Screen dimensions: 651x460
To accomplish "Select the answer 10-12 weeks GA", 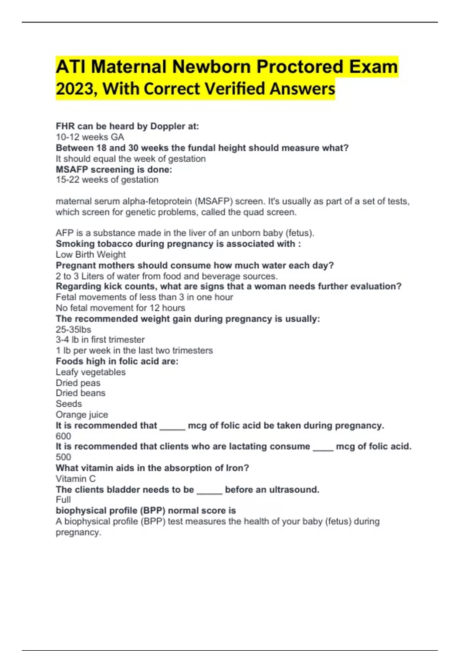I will point(90,137).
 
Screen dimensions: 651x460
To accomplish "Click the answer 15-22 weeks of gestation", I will point(107,180).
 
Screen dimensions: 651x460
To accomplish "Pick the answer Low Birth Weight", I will point(90,255).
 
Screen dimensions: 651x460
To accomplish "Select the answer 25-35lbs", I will point(73,329).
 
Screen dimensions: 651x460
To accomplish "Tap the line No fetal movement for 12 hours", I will point(120,308).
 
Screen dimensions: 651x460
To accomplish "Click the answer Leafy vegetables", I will point(90,372).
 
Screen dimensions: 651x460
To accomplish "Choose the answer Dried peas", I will point(78,383).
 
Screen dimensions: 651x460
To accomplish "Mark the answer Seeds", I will point(69,404).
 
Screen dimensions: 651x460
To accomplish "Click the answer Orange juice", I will point(82,415).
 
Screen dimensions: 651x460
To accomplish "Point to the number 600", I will point(63,436).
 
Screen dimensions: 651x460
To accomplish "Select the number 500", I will point(63,457).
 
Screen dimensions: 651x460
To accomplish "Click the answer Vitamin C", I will point(76,479).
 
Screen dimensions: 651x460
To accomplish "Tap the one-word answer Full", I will point(63,500).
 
